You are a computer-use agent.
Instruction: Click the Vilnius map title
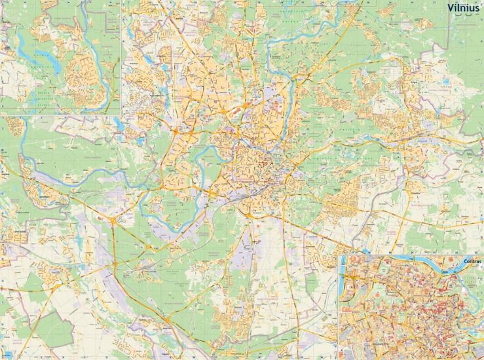pyautogui.click(x=463, y=8)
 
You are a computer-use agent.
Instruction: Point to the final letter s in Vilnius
pyautogui.click(x=477, y=9)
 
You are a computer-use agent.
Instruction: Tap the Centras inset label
pyautogui.click(x=471, y=262)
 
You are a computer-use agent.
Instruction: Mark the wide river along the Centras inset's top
pyautogui.click(x=419, y=260)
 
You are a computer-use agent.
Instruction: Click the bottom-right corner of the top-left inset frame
pyautogui.click(x=122, y=115)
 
